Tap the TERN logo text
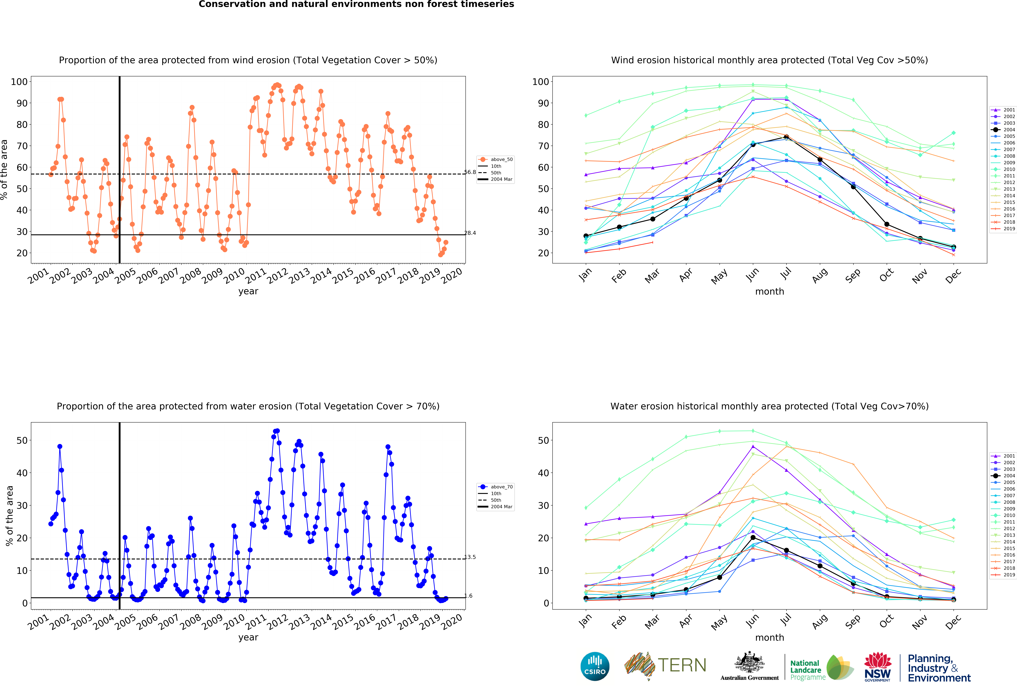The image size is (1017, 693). [682, 665]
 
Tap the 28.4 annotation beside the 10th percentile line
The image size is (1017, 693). [470, 233]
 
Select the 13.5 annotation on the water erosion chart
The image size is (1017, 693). [470, 557]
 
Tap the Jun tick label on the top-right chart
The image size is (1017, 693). [753, 275]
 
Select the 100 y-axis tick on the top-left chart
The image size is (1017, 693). [19, 82]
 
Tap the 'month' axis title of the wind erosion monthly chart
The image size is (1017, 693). [770, 291]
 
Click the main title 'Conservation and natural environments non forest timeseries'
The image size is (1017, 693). [356, 4]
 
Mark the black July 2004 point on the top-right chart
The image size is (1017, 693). [786, 137]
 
